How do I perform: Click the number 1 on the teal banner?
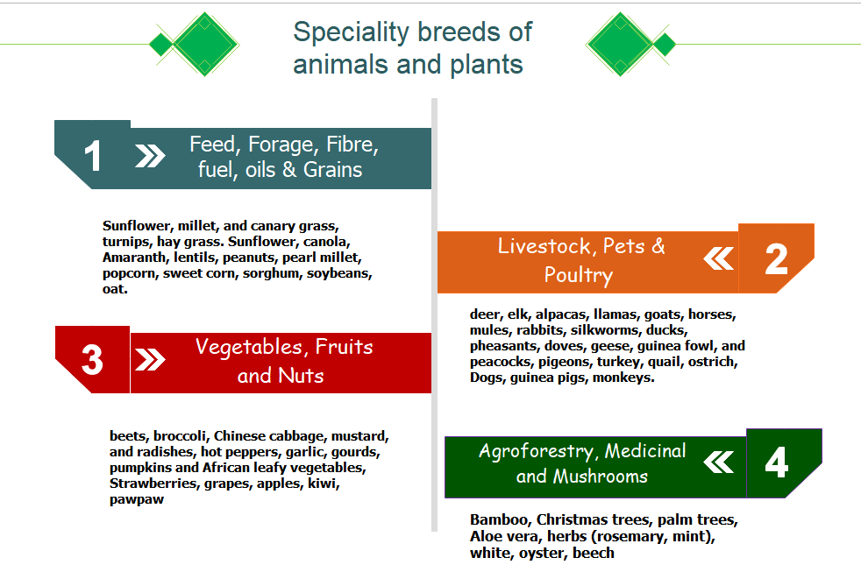tap(93, 156)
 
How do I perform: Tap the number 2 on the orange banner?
tap(777, 259)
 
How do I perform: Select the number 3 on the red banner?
tap(92, 360)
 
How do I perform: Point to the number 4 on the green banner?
tap(777, 462)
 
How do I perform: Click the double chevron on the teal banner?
tap(150, 156)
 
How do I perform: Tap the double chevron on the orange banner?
tap(719, 259)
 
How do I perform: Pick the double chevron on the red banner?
tap(150, 360)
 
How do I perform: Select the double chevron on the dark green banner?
tap(719, 462)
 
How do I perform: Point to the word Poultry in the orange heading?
tap(578, 275)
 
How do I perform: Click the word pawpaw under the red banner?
tap(137, 500)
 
